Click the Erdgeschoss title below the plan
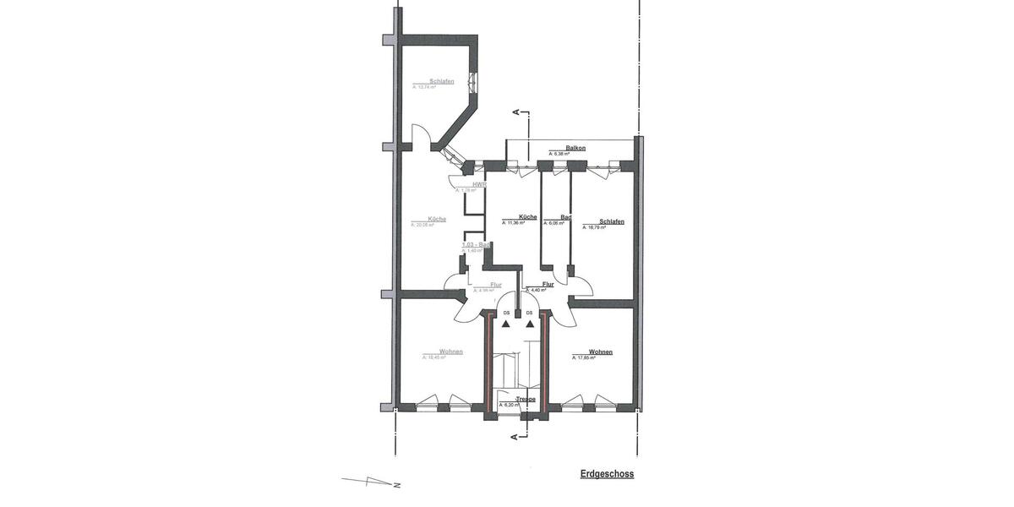pyautogui.click(x=607, y=475)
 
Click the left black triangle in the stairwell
pyautogui.click(x=506, y=323)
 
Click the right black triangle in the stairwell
pyautogui.click(x=530, y=323)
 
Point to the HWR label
pyautogui.click(x=479, y=184)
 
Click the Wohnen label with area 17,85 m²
pyautogui.click(x=601, y=352)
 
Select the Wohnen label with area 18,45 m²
pyautogui.click(x=451, y=352)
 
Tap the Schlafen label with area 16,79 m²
pyautogui.click(x=611, y=221)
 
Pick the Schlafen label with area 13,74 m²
pyautogui.click(x=441, y=81)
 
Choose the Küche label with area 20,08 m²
pyautogui.click(x=437, y=219)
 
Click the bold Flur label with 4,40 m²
pyautogui.click(x=548, y=285)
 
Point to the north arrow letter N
pyautogui.click(x=396, y=486)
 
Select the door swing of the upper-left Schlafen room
pyautogui.click(x=420, y=135)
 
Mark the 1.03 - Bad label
pyautogui.click(x=477, y=244)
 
